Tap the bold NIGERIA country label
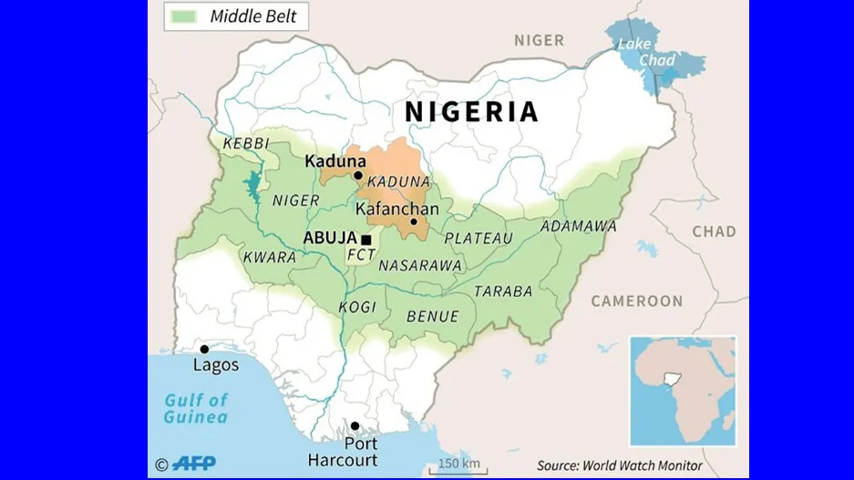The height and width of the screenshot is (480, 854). [x=471, y=112]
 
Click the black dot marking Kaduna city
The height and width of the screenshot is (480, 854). [x=358, y=176]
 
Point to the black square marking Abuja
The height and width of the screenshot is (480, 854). [x=365, y=240]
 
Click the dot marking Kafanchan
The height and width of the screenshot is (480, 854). [x=413, y=221]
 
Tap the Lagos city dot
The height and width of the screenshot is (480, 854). [x=204, y=349]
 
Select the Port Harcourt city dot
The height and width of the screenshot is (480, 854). [x=355, y=426]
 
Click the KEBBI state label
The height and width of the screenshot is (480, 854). [x=245, y=145]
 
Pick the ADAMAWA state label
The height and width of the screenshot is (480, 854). [x=578, y=226]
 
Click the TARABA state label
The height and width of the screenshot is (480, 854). [x=502, y=291]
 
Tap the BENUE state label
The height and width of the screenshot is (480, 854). [x=432, y=317]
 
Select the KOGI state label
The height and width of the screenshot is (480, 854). [x=357, y=307]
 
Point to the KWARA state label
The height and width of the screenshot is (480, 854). [x=269, y=258]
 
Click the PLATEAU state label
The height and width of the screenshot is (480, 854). [x=478, y=239]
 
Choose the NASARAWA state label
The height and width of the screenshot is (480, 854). [x=419, y=265]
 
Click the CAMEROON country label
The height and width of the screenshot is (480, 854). [x=636, y=301]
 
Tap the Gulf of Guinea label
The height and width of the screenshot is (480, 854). [x=195, y=409]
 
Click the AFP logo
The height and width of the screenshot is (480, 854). [x=193, y=464]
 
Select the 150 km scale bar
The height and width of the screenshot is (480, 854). [x=458, y=465]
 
